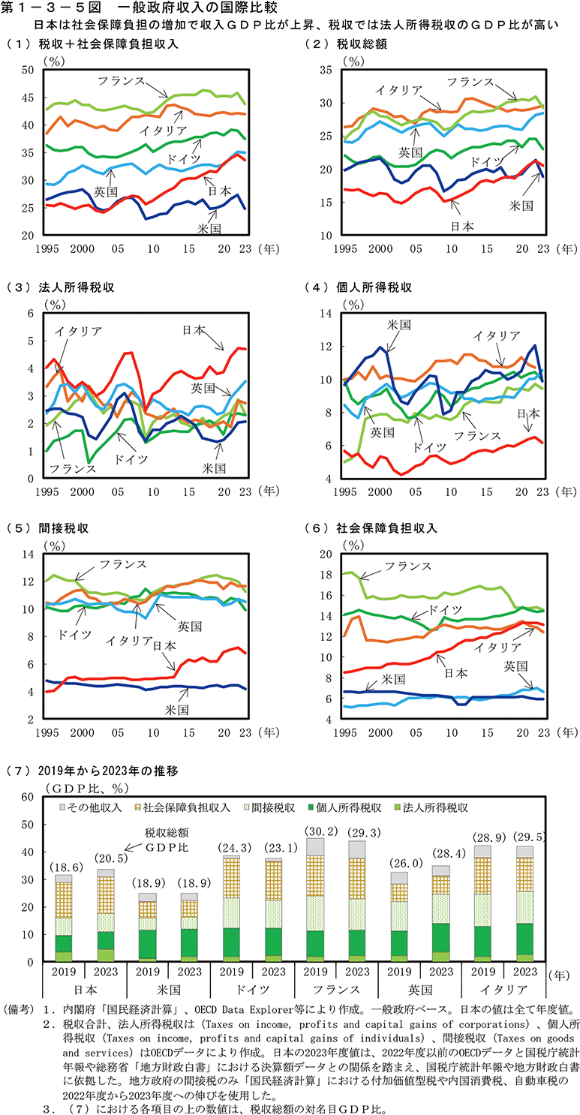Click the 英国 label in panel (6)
[x=515, y=666]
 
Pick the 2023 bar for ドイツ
[x=274, y=910]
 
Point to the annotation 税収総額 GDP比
[x=167, y=838]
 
